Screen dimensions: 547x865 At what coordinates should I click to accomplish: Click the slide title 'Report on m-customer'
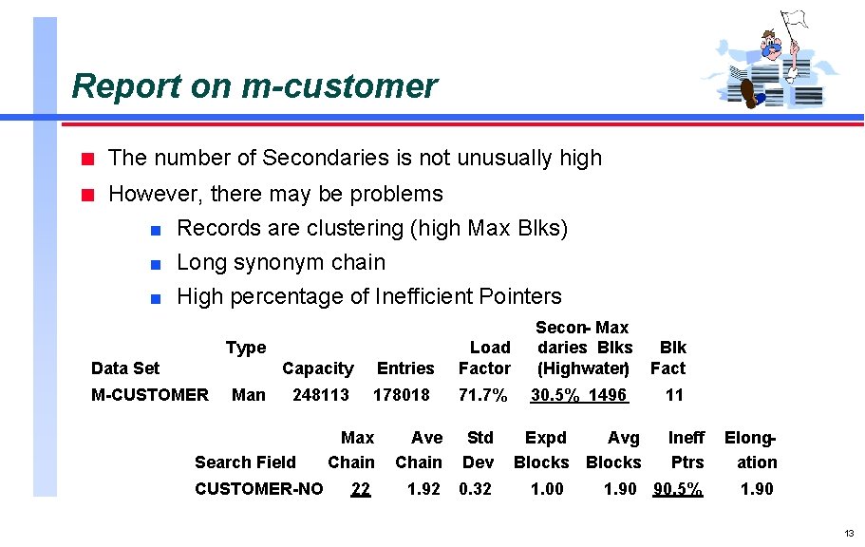tap(254, 86)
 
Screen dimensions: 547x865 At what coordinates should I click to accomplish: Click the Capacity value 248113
tap(320, 394)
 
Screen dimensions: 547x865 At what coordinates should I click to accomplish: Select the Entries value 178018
tap(402, 394)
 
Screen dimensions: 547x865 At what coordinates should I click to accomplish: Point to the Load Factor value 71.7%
tap(482, 394)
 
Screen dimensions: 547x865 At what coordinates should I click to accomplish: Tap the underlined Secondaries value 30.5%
tap(555, 394)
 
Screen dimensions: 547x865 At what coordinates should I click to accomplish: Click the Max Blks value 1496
tap(608, 394)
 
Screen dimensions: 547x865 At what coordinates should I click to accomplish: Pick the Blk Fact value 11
tap(674, 394)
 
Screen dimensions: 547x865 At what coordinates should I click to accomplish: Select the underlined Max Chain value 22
tap(360, 489)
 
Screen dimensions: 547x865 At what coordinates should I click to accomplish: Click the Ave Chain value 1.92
tap(423, 489)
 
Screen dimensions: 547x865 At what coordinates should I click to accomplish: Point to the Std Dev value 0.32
tap(477, 489)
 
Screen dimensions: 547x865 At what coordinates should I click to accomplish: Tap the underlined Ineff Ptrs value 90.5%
tap(678, 489)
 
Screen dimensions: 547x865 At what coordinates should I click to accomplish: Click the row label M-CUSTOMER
tap(149, 394)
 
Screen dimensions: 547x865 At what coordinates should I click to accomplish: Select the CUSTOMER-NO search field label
tap(258, 489)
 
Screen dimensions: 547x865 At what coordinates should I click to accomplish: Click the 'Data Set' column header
tap(125, 368)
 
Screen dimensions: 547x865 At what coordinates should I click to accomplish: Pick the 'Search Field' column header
tap(245, 462)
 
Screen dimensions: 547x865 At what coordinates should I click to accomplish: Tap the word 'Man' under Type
tap(249, 394)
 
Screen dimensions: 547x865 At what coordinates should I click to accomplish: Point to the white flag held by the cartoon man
tap(795, 19)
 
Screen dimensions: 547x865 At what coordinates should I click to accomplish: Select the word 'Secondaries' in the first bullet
tap(324, 158)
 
